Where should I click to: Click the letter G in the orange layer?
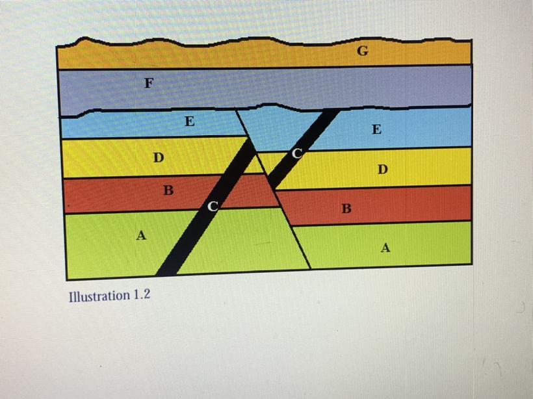click(363, 51)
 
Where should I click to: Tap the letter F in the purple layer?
click(149, 83)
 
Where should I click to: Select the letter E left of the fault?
click(190, 121)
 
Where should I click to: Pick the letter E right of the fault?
click(376, 129)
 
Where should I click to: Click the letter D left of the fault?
click(159, 157)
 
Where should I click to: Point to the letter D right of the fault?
click(383, 169)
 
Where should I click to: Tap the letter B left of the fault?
click(168, 190)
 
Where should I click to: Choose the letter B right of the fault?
click(346, 209)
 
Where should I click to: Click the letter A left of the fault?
click(141, 235)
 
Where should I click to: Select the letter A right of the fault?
click(385, 248)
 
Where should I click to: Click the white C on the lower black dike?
click(213, 206)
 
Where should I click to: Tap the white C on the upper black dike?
click(297, 153)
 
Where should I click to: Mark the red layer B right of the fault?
click(374, 205)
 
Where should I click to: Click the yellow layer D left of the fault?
click(157, 157)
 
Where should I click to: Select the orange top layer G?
click(264, 53)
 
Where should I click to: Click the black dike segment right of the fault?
click(304, 149)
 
